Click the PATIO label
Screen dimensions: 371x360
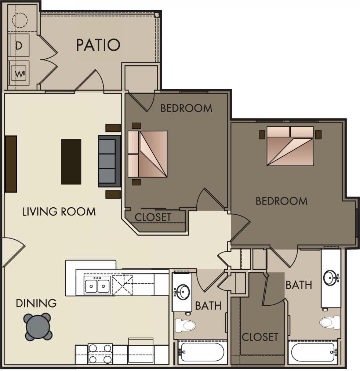click(x=98, y=45)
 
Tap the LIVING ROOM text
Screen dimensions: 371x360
click(x=59, y=212)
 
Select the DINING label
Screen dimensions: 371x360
click(x=36, y=303)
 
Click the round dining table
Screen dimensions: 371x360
click(x=38, y=327)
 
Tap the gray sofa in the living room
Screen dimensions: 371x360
click(x=110, y=161)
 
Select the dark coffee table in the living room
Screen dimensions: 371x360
click(x=71, y=161)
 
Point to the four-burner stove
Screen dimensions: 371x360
click(x=100, y=353)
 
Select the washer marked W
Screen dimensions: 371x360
click(x=19, y=72)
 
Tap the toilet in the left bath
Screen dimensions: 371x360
click(x=185, y=325)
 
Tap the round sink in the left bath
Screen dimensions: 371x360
click(x=182, y=292)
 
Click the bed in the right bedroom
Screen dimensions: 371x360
click(x=290, y=146)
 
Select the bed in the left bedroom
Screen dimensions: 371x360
click(x=148, y=154)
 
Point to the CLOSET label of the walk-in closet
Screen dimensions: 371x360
click(x=260, y=337)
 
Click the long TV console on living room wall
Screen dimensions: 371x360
click(x=11, y=164)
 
